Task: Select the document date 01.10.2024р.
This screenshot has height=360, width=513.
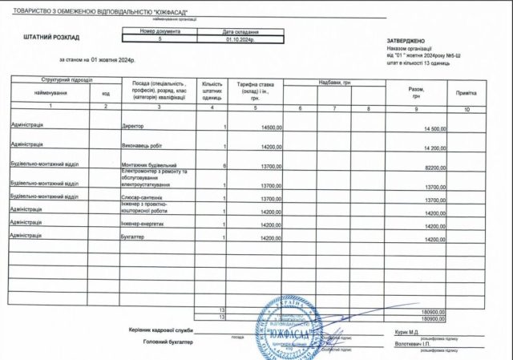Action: pyautogui.click(x=241, y=38)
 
